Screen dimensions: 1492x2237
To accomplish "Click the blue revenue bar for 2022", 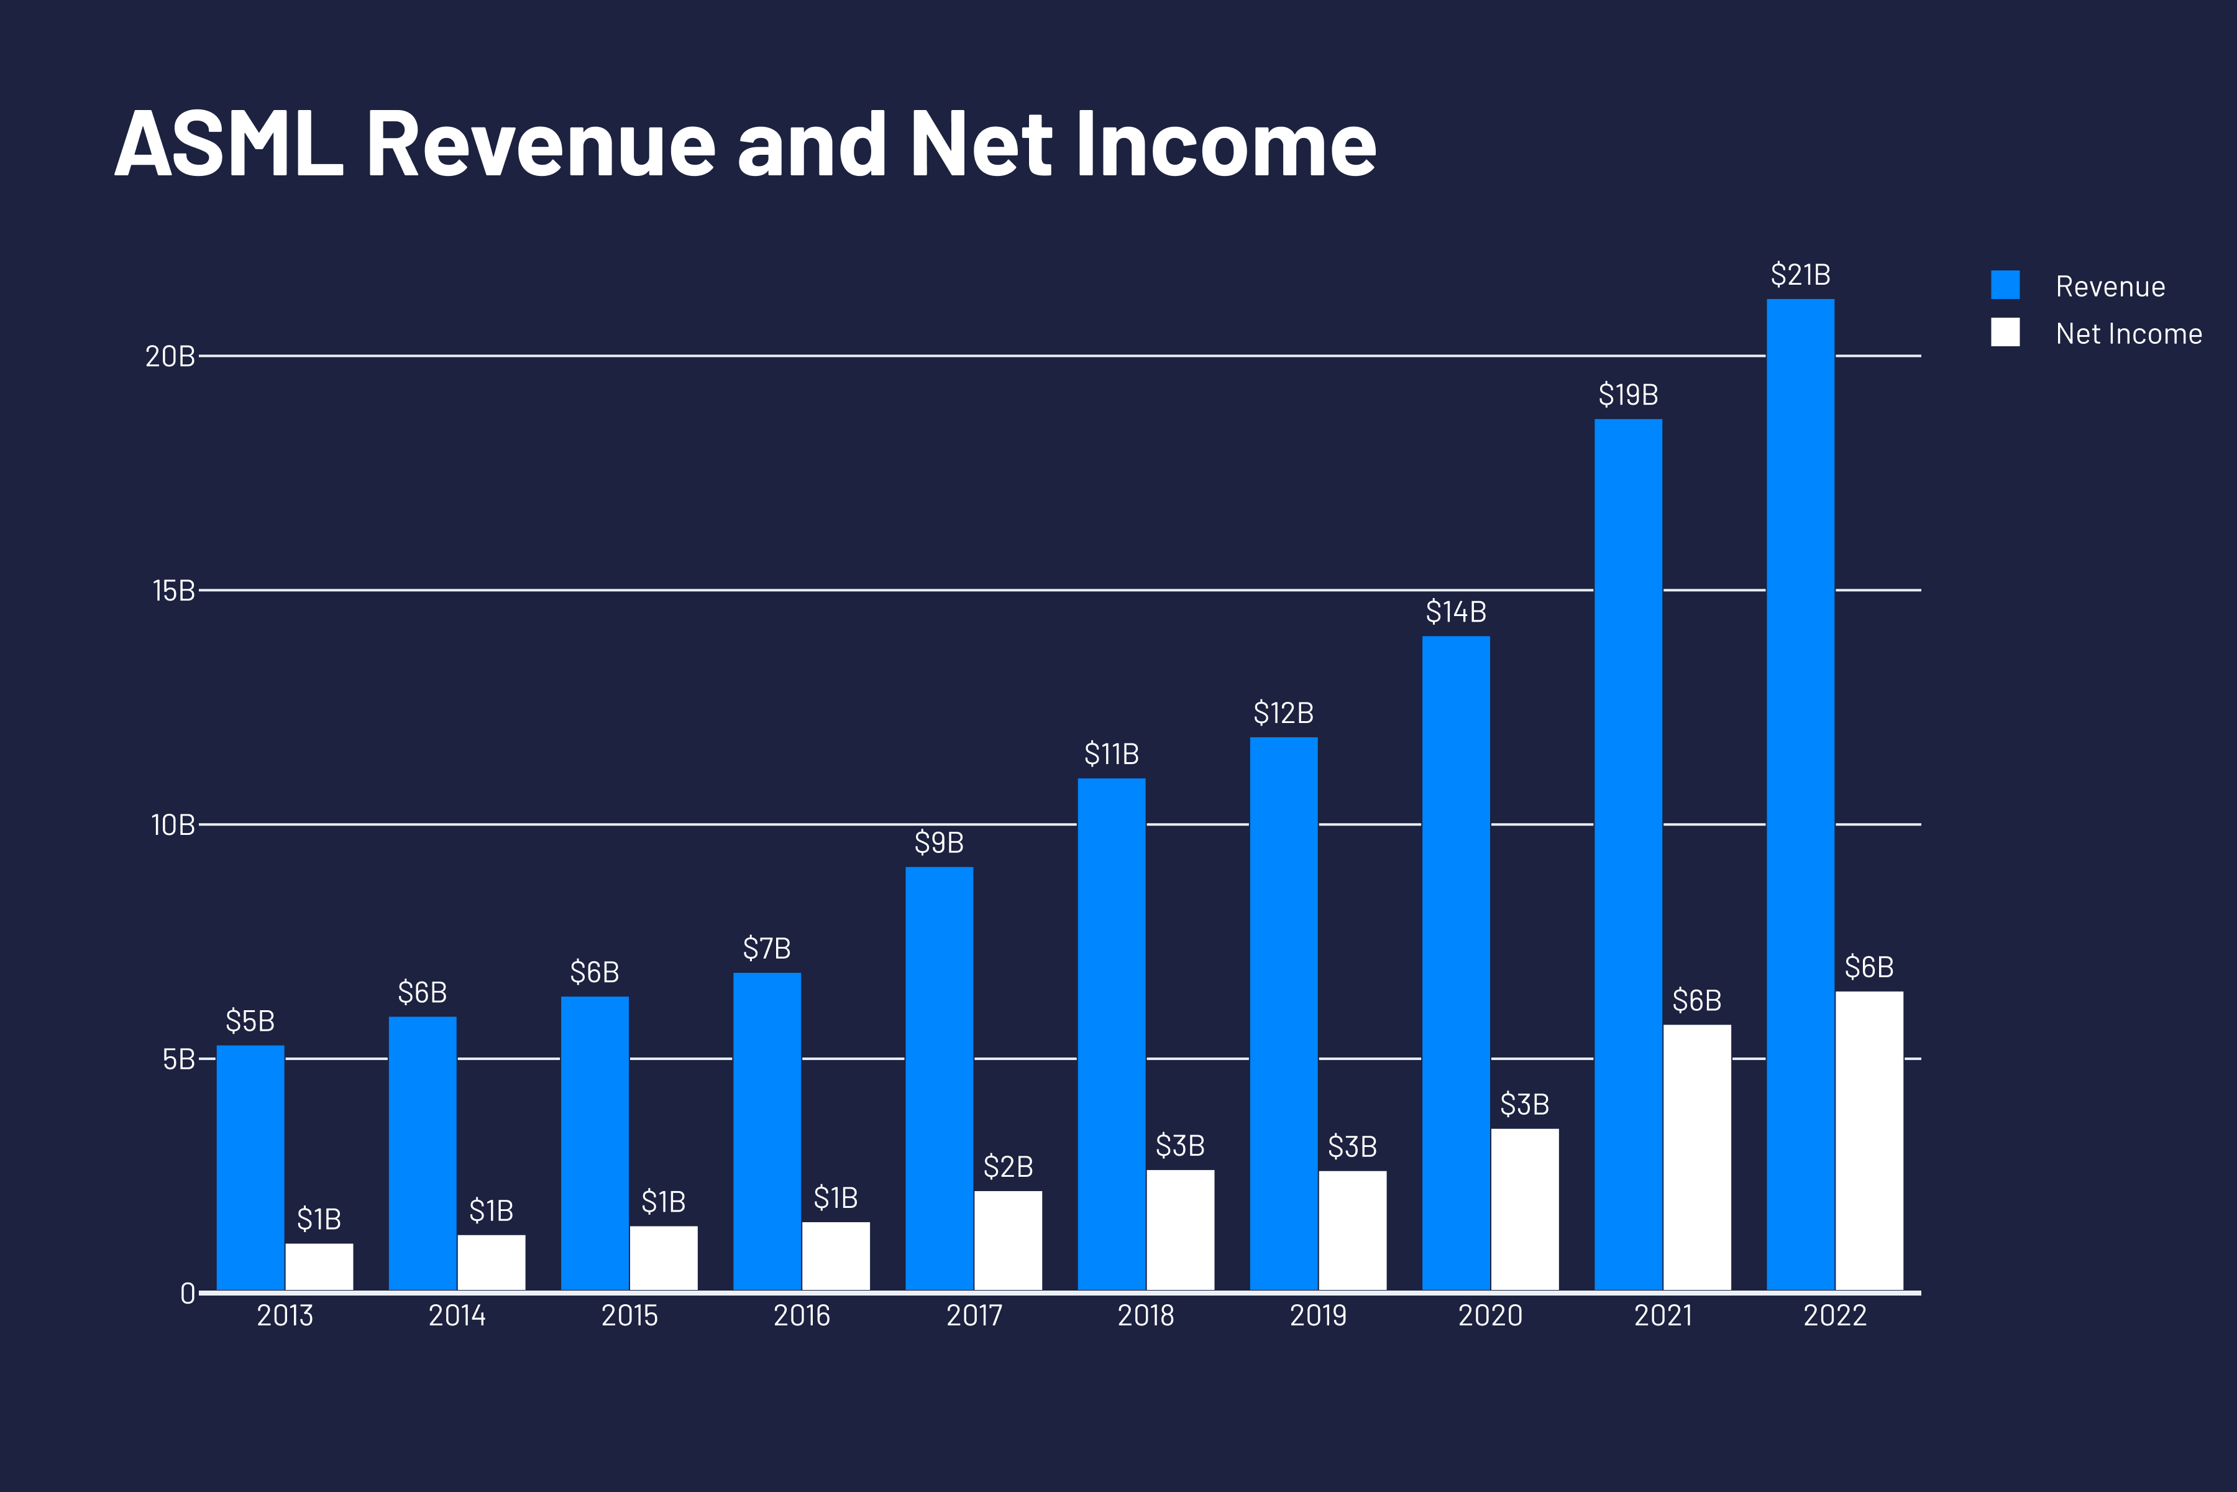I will [x=1800, y=794].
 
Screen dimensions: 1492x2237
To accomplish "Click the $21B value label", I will [x=1800, y=275].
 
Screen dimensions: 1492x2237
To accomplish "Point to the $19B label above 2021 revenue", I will [x=1627, y=395].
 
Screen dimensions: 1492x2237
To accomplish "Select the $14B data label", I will [x=1455, y=612].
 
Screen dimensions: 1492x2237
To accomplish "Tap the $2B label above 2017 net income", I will [x=1007, y=1167].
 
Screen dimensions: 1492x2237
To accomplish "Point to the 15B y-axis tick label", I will [x=173, y=591].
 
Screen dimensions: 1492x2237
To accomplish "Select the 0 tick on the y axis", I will [x=188, y=1293].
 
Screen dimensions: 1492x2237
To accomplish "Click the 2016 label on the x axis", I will [x=801, y=1316].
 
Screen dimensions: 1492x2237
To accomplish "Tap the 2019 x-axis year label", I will [x=1317, y=1316].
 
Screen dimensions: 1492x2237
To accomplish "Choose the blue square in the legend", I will [x=2005, y=285].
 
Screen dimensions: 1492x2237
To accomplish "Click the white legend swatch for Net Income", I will [x=2005, y=332].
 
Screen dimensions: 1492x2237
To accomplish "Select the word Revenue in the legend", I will [x=2110, y=287].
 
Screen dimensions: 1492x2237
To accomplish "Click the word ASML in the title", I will [x=228, y=145].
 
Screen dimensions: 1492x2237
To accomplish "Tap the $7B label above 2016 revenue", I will [x=767, y=949].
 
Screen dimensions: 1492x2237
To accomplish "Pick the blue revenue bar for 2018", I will [x=1111, y=1034].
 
